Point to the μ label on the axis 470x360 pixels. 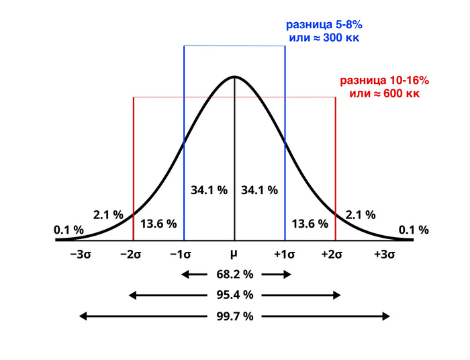[x=234, y=255]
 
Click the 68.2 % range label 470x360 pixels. [x=234, y=274]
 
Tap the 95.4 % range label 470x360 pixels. [x=234, y=295]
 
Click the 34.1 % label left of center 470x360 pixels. [x=209, y=190]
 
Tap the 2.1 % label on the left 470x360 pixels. [x=108, y=215]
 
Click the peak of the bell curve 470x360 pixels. [x=234, y=77]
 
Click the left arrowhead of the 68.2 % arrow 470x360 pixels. [x=183, y=274]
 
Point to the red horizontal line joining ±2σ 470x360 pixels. [x=234, y=97]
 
